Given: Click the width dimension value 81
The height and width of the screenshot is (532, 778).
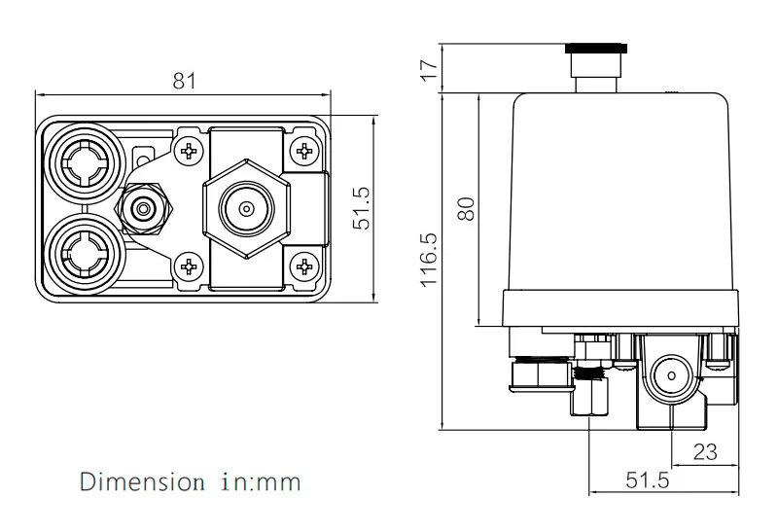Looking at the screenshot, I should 184,81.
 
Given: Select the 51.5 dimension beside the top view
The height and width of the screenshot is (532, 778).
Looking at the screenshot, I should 362,209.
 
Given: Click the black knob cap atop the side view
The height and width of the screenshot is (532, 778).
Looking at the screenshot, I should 596,47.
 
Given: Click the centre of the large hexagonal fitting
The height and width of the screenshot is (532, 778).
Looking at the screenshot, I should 244,208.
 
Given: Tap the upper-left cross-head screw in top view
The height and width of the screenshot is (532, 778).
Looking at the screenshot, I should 190,151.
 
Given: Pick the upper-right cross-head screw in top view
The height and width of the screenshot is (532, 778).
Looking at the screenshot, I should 305,151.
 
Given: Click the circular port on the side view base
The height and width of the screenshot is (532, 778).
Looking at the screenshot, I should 669,375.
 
